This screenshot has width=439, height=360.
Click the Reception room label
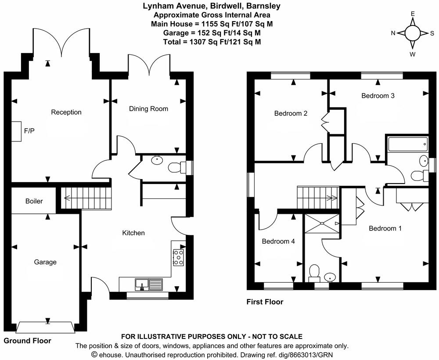point(66,112)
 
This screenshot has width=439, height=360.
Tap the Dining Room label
point(148,108)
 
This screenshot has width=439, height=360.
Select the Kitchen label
point(133,233)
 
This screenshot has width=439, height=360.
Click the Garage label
point(45,262)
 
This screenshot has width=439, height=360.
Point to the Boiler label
point(34,201)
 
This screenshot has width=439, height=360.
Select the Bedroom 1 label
point(385,228)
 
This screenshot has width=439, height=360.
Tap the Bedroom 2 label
point(291,113)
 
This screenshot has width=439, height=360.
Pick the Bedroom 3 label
point(378,95)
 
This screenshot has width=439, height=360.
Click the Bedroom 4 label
point(278,241)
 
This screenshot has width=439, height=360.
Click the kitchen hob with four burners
point(178,257)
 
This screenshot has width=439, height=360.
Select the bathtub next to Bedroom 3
point(407,143)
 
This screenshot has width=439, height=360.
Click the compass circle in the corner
point(412,33)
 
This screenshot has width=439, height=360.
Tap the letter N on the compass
point(393,33)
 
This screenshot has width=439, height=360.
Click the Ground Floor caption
point(27,341)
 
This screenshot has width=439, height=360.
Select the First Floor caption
point(265,302)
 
